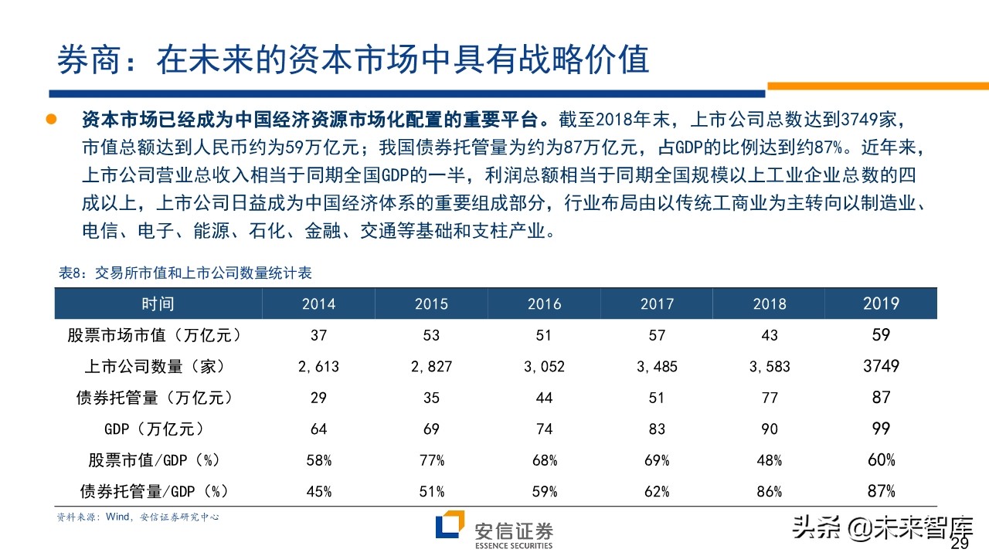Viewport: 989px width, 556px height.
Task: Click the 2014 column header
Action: tap(318, 303)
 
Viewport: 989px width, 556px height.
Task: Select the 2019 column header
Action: tap(881, 303)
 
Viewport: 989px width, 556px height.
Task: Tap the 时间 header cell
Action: tap(158, 303)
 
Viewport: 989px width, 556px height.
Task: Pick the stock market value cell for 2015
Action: tap(431, 335)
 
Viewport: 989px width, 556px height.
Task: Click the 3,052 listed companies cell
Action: tap(544, 367)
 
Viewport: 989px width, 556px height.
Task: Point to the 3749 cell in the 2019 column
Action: tap(881, 366)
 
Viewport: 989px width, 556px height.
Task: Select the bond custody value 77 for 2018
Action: tap(770, 398)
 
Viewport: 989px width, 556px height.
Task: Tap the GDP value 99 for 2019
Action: tap(881, 429)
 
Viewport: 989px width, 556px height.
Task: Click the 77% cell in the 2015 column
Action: tap(431, 460)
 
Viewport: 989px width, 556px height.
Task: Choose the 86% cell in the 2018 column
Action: tap(770, 491)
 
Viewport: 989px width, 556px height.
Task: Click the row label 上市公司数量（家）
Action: tap(158, 367)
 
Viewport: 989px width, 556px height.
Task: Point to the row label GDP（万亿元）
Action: tap(158, 429)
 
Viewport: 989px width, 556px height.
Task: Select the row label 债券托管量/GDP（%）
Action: tap(158, 491)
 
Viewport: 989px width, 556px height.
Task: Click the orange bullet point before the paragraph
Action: tap(52, 120)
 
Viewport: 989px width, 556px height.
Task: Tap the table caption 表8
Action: tap(185, 273)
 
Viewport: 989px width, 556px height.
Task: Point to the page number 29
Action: tap(960, 544)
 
